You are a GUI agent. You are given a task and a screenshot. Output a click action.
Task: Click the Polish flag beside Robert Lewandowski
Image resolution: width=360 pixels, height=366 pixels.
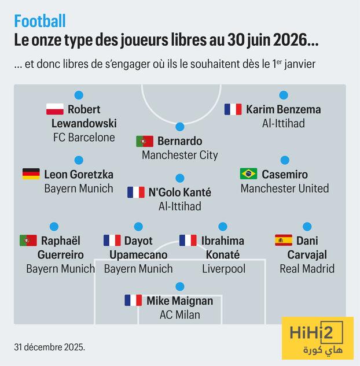(x=55, y=109)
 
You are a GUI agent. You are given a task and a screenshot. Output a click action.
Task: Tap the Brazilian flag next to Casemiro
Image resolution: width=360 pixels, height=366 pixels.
(x=248, y=174)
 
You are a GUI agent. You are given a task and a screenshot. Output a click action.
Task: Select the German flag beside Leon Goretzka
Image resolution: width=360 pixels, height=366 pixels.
(x=31, y=174)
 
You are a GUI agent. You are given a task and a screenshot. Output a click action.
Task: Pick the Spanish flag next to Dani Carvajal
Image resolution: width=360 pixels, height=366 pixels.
(x=284, y=241)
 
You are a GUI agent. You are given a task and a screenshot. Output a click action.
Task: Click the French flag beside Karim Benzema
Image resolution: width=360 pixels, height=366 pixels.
(x=233, y=109)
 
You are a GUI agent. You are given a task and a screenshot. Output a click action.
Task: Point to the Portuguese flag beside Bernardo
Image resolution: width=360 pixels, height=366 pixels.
(x=145, y=141)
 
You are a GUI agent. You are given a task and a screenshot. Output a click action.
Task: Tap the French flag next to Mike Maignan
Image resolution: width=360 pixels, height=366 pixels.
(x=133, y=301)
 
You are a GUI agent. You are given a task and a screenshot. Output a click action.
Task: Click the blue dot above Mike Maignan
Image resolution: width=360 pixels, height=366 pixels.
(x=180, y=286)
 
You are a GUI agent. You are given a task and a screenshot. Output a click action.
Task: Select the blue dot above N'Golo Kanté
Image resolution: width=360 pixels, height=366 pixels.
(x=180, y=178)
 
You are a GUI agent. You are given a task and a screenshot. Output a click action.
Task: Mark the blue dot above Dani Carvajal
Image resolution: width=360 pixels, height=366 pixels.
(x=307, y=227)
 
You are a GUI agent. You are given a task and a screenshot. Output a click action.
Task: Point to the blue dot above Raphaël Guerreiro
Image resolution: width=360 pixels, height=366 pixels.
(x=54, y=227)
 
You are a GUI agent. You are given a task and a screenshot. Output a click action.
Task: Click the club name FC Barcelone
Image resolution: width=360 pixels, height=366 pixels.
(x=84, y=138)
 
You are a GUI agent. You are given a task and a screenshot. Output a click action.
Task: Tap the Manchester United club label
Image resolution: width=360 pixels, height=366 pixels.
(x=285, y=188)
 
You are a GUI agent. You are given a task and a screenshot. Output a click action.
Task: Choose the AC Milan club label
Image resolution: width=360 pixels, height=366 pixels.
(x=180, y=315)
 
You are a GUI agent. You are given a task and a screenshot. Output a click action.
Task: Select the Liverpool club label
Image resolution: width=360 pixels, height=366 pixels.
(x=223, y=269)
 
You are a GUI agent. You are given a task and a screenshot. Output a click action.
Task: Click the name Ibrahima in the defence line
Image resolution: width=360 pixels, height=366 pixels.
(x=223, y=241)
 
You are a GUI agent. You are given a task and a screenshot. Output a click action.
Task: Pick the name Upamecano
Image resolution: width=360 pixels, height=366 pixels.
(x=138, y=255)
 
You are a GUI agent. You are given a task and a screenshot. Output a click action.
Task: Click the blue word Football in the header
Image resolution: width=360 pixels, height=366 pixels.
(x=40, y=21)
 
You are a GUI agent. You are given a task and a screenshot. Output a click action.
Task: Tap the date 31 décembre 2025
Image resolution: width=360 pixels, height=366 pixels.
(x=49, y=347)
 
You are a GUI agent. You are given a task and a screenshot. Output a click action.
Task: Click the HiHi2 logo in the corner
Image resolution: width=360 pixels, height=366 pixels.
(x=317, y=338)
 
